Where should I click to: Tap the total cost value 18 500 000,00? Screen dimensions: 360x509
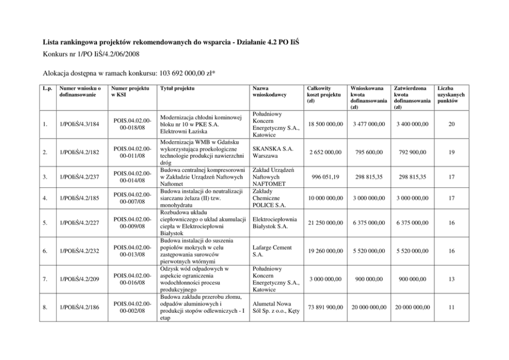pos(323,124)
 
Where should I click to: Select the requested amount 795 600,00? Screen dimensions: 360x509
pos(367,153)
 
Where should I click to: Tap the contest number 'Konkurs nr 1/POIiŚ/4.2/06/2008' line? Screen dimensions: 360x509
pos(90,54)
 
